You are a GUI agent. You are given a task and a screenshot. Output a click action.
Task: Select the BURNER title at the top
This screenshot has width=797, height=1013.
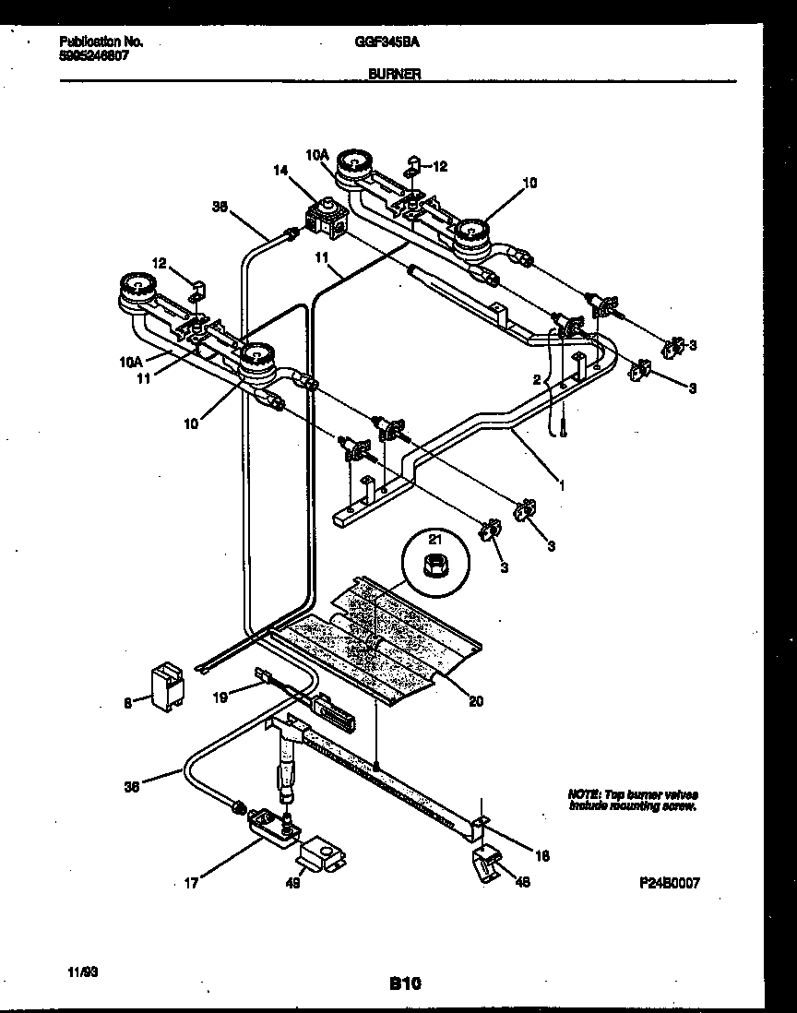pyautogui.click(x=394, y=75)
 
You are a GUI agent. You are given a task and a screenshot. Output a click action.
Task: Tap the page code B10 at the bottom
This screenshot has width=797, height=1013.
pyautogui.click(x=405, y=983)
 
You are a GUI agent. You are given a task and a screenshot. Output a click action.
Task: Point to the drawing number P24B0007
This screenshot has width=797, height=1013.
pyautogui.click(x=670, y=882)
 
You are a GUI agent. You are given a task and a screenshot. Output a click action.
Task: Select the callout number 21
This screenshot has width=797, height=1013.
pyautogui.click(x=434, y=538)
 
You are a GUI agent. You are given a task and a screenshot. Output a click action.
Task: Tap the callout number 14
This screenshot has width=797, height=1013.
pyautogui.click(x=280, y=170)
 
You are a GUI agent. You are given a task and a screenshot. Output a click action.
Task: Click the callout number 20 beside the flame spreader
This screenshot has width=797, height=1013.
pyautogui.click(x=476, y=700)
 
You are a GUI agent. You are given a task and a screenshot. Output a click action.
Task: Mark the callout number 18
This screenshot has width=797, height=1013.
pyautogui.click(x=542, y=855)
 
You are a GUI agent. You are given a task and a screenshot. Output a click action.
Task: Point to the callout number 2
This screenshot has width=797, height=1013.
pyautogui.click(x=535, y=379)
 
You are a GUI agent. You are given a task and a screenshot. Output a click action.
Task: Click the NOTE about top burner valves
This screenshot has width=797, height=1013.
pyautogui.click(x=632, y=800)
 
